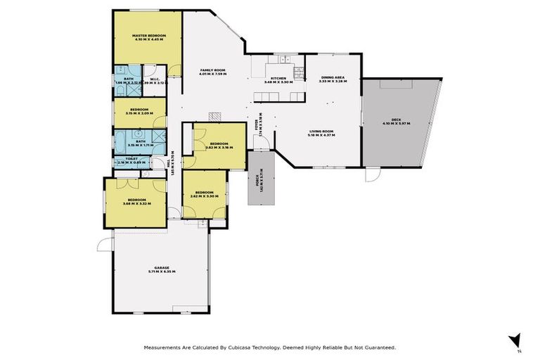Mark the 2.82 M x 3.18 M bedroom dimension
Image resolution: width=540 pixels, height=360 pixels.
click(218, 148)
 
